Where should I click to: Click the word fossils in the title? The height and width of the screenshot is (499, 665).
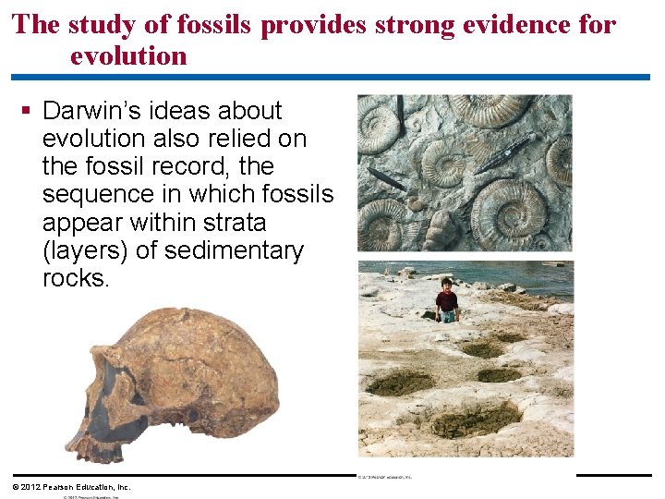218,25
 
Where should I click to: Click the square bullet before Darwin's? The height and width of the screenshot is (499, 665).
26,111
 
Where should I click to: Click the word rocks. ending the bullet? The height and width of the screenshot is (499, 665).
75,278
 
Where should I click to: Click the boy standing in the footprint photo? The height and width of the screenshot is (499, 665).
447,298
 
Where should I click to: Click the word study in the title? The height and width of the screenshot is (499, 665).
101,25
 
